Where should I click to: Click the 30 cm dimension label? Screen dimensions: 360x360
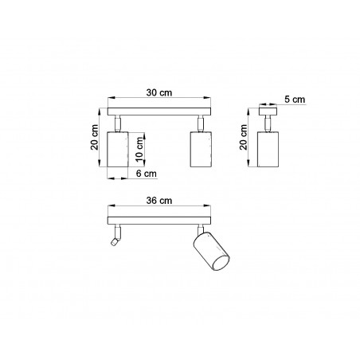[159, 92]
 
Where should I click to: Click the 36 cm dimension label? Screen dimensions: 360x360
[159, 201]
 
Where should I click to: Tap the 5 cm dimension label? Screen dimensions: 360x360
[295, 100]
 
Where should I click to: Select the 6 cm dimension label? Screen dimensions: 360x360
[147, 174]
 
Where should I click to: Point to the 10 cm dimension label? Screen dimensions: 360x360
[139, 150]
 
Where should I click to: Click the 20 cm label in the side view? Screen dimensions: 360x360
[243, 137]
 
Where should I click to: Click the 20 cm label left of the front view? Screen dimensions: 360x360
[95, 137]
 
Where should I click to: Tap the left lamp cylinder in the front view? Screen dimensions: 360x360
[118, 149]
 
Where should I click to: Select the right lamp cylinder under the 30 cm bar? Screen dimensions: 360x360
[201, 149]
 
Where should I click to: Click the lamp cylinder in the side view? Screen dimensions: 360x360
[268, 149]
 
